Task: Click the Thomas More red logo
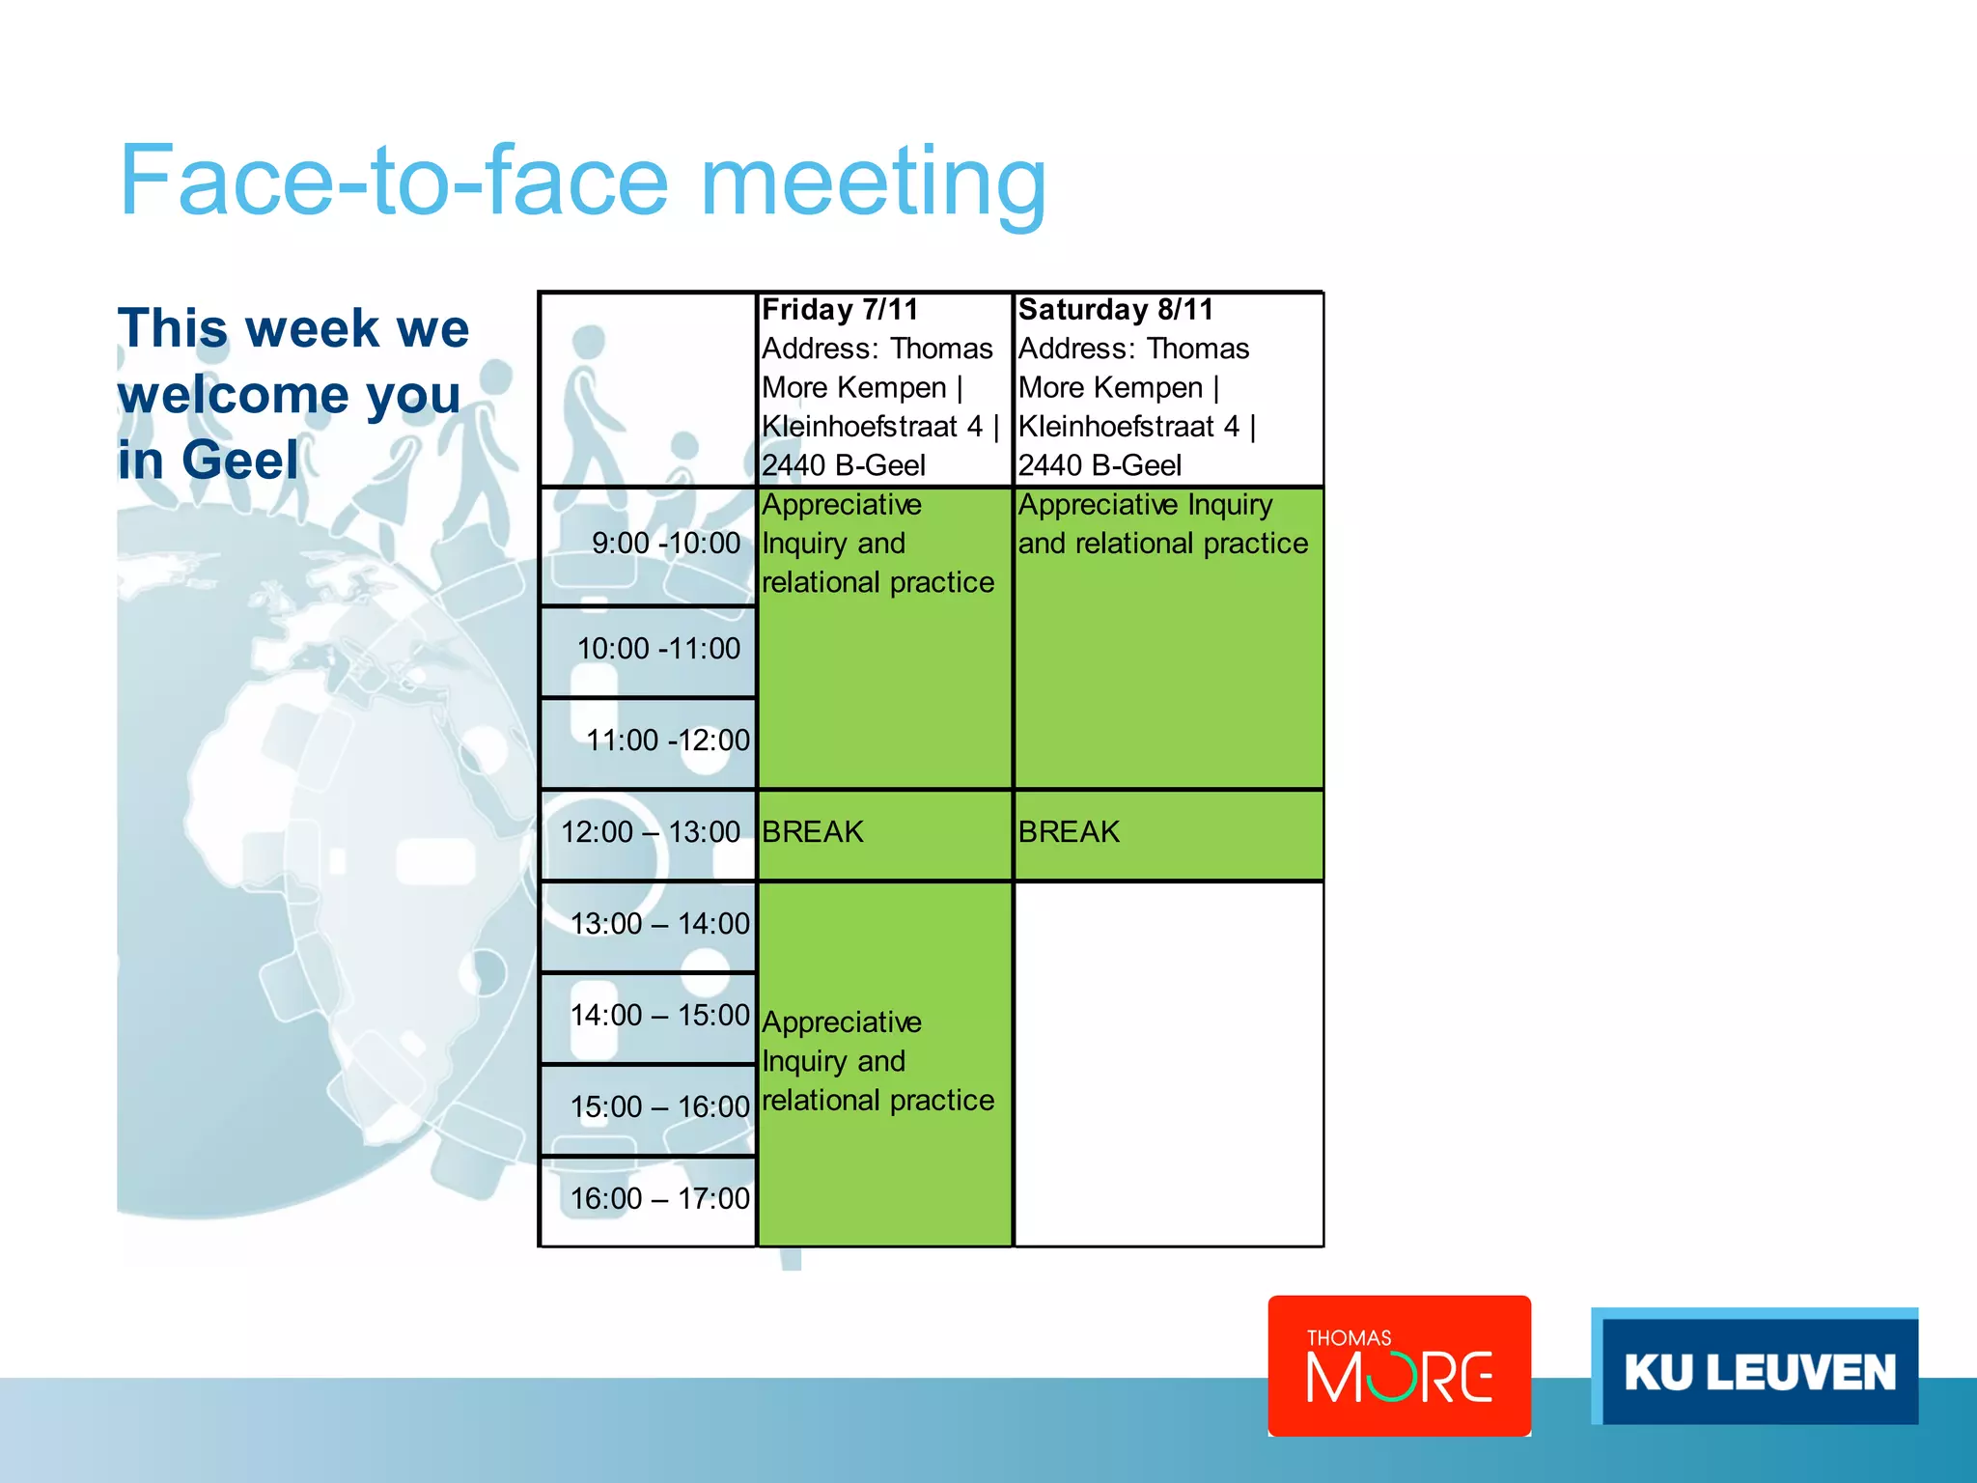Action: point(1399,1365)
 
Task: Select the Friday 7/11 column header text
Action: point(839,310)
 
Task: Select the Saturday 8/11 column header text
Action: point(1115,310)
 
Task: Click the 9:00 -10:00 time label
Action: point(665,544)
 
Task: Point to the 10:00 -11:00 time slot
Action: point(658,649)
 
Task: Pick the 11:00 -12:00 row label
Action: point(667,741)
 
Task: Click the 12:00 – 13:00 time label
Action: point(650,832)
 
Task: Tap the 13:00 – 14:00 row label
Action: point(659,924)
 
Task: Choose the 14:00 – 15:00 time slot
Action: point(659,1016)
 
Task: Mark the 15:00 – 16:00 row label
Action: point(659,1107)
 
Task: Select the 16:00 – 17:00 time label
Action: point(659,1199)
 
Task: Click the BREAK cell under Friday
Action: point(813,832)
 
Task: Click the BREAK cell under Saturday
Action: point(1069,832)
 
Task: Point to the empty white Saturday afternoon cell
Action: point(1168,1062)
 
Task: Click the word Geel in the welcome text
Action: point(240,460)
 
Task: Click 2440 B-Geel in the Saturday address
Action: point(1100,465)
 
